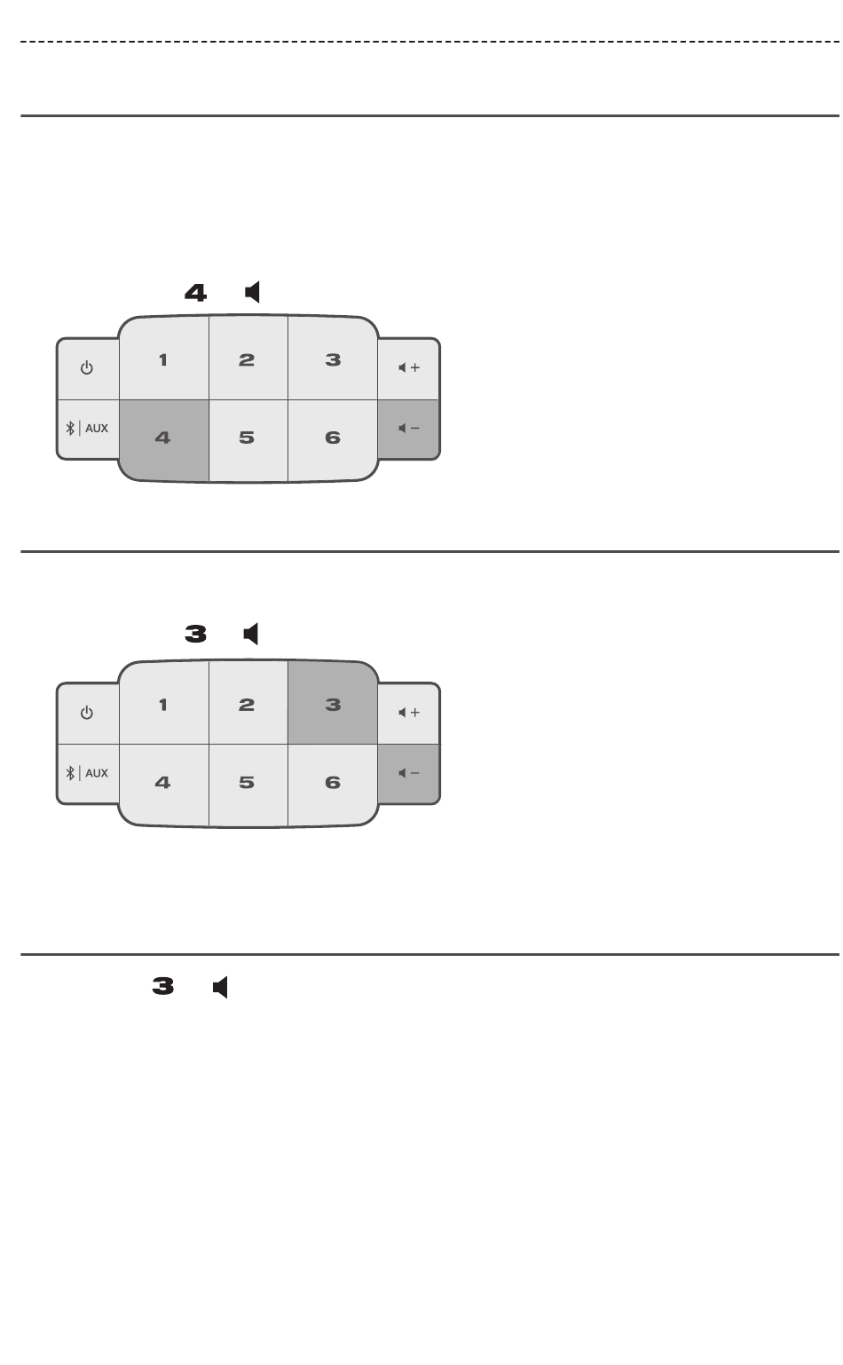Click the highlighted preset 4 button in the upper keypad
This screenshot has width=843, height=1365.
(x=164, y=438)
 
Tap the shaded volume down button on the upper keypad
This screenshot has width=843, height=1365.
(x=409, y=429)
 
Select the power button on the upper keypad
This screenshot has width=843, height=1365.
(x=87, y=368)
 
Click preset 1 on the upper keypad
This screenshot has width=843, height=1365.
(x=163, y=359)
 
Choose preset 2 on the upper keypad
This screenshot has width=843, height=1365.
(x=248, y=359)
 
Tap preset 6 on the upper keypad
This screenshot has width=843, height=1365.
(x=333, y=438)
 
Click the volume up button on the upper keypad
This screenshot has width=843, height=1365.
(x=409, y=368)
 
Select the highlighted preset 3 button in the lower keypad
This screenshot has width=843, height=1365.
(x=333, y=705)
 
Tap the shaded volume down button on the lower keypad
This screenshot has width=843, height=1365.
(x=409, y=773)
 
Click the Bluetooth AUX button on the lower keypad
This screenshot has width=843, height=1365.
(x=87, y=773)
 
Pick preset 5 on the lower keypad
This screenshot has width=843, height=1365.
(x=248, y=783)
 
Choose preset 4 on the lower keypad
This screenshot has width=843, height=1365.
(x=163, y=783)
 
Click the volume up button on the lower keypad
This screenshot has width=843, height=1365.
(x=409, y=713)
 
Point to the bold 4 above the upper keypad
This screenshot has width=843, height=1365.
(x=195, y=293)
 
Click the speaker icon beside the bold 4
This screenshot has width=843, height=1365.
(x=253, y=292)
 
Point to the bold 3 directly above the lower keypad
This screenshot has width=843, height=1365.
(x=195, y=635)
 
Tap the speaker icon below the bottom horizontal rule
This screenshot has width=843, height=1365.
(x=221, y=987)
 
